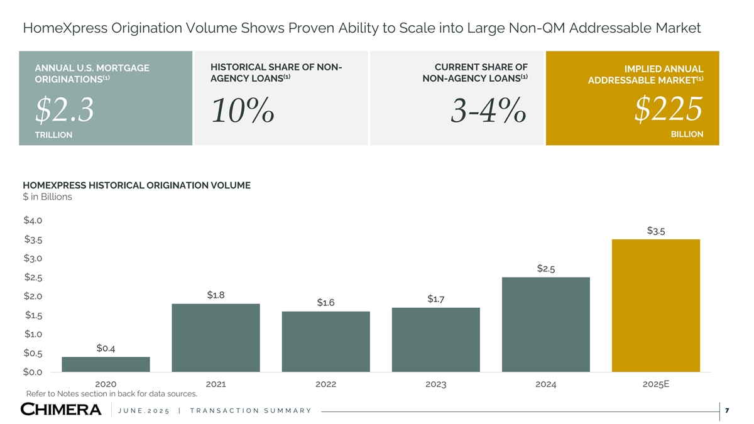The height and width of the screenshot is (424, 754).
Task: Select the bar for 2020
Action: (106, 364)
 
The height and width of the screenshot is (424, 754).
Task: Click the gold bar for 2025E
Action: (655, 305)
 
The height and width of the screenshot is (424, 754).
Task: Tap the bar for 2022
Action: (325, 341)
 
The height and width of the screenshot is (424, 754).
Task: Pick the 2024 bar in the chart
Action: (545, 324)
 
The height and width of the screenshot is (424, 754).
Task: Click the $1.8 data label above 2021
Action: (216, 295)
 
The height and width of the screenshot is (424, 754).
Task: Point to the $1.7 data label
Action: (436, 298)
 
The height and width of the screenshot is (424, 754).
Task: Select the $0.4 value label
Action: (106, 348)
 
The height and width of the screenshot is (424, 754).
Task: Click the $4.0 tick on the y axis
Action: (33, 220)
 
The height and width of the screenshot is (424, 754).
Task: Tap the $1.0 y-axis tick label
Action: (33, 334)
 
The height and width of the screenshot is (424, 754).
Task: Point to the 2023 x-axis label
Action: (435, 384)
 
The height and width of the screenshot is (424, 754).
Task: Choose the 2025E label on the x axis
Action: (655, 384)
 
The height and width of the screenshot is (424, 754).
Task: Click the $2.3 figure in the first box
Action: (65, 111)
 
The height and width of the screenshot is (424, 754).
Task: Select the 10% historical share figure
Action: (243, 112)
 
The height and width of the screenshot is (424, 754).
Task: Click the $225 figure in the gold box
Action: (668, 110)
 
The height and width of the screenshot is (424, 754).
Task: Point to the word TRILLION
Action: (53, 135)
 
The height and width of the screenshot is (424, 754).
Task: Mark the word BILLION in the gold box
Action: (687, 134)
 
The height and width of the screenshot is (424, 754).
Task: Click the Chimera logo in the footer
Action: (61, 410)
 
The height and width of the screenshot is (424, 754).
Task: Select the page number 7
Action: (726, 411)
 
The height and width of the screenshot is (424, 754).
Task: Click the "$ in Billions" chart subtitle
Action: (47, 197)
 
